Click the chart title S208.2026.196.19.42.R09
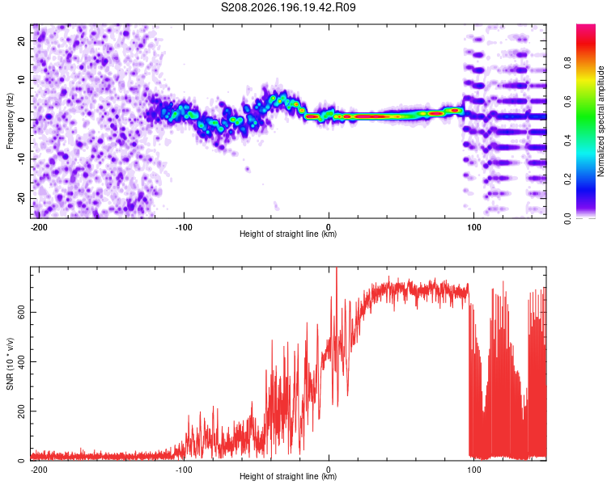[288, 7]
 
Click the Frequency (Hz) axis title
[10, 121]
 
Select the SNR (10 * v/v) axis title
[10, 364]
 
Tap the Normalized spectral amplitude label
[601, 121]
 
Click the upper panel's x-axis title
[288, 234]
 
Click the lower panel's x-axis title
[288, 476]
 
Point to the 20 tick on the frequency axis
[21, 40]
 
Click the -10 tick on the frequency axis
[21, 158]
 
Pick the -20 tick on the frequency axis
[21, 198]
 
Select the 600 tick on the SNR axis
[21, 312]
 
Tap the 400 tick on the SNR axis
[21, 361]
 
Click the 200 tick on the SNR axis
[21, 411]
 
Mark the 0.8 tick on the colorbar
[567, 63]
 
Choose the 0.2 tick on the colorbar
[567, 179]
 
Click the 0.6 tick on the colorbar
[567, 102]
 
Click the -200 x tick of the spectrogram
[39, 227]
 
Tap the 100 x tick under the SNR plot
[473, 470]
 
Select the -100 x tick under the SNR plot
[184, 470]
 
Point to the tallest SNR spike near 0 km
[337, 269]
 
